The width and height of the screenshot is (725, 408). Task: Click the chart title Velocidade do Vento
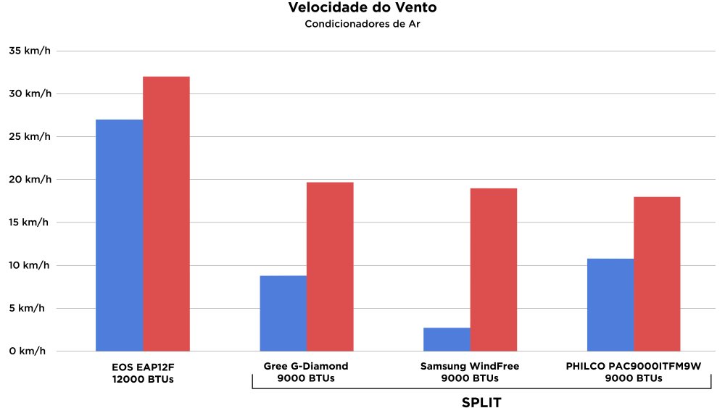tap(362, 9)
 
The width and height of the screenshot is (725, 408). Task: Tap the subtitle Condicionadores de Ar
tap(362, 25)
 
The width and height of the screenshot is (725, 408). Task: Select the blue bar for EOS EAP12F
tap(120, 235)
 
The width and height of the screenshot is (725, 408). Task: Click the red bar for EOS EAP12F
tap(166, 214)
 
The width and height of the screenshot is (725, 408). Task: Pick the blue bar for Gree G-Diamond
tap(283, 313)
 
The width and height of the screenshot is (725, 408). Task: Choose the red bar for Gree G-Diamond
tap(330, 267)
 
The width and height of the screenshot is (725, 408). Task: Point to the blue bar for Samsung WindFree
tap(447, 339)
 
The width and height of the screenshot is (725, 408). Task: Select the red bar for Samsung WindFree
tap(494, 270)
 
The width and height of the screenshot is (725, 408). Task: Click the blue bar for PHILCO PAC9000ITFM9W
tap(610, 304)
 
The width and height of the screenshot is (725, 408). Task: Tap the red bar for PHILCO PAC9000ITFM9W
tap(657, 274)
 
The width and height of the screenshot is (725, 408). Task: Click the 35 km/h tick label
tap(30, 51)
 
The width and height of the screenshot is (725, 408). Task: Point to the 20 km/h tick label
tap(30, 179)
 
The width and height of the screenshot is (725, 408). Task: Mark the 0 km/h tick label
tap(30, 351)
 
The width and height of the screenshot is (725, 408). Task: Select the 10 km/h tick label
tap(30, 265)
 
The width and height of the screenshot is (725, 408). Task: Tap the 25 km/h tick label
tap(30, 136)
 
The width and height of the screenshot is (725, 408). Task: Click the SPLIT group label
tap(481, 402)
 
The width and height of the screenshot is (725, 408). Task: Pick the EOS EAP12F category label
tap(143, 372)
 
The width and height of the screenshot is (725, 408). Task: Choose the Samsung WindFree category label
tap(470, 372)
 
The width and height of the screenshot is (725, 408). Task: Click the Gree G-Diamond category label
tap(306, 372)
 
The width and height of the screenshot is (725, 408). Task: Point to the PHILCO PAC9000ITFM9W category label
tap(634, 372)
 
